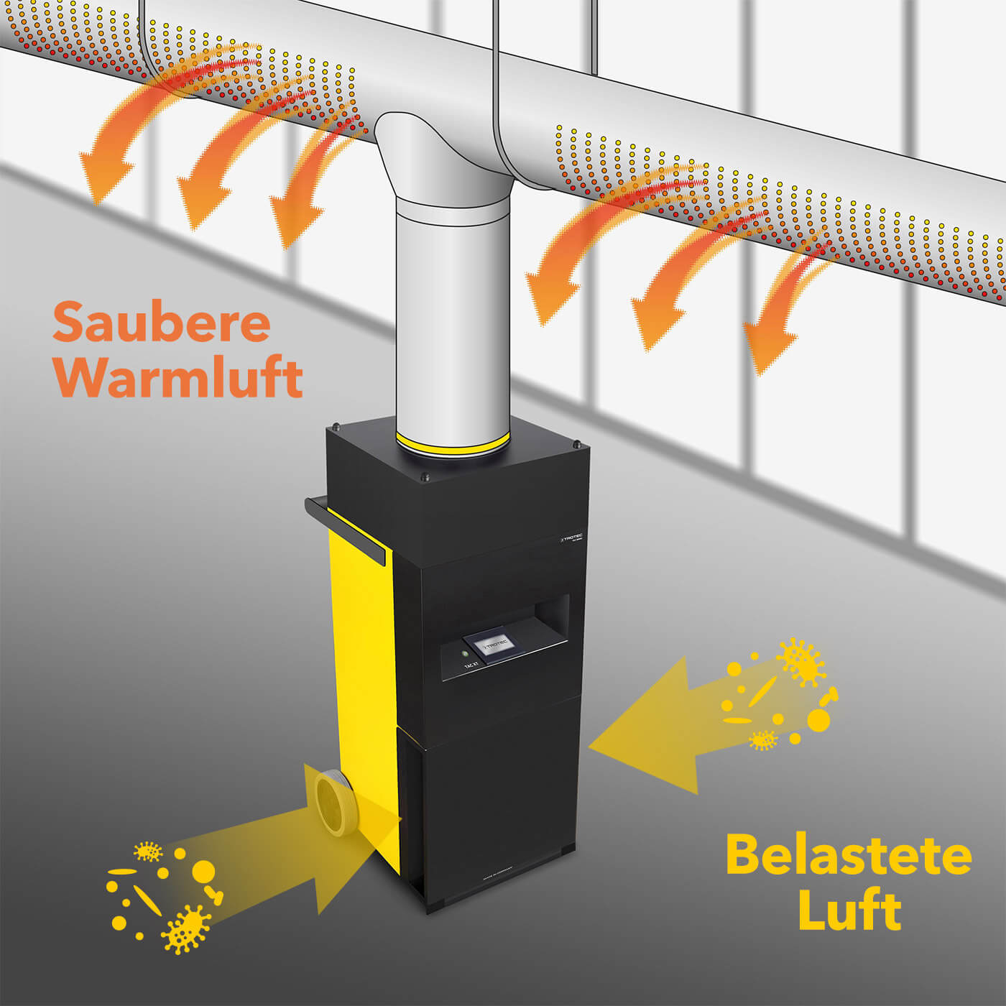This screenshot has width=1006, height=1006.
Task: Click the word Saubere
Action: pos(162,323)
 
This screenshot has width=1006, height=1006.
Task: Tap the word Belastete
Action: pos(849,855)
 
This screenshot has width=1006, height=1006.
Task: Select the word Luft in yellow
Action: pos(849,910)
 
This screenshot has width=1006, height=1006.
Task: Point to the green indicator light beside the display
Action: pos(465,655)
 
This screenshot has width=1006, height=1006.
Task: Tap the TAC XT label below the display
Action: pos(471,666)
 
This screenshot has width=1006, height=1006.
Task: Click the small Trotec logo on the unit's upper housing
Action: pos(571,537)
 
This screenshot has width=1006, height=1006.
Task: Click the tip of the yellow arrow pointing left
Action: pos(593,748)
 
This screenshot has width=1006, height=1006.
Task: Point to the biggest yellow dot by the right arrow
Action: pos(818,719)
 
